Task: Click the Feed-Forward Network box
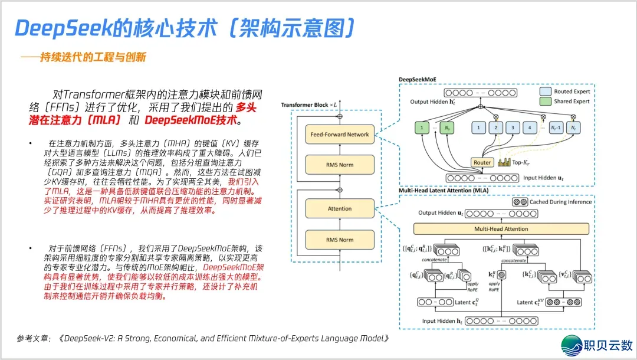[340, 135]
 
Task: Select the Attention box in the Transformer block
[340, 208]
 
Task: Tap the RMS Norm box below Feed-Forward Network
[340, 165]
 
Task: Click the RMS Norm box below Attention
[340, 240]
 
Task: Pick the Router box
[482, 162]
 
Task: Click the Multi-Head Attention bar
[501, 229]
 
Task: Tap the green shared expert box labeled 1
[423, 127]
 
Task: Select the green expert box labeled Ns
[448, 127]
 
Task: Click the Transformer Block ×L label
[310, 104]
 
